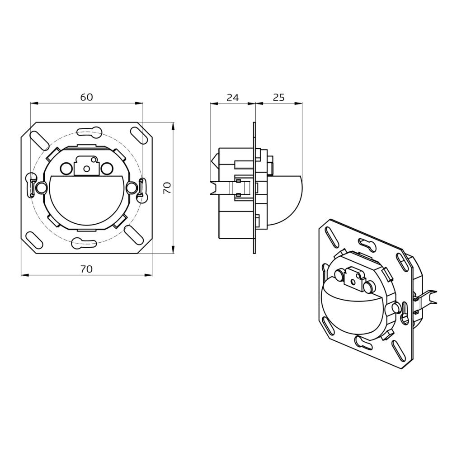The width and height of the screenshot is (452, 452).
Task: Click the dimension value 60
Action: (86, 97)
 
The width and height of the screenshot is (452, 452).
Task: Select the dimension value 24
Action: (232, 97)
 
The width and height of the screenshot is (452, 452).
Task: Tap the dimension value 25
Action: (279, 97)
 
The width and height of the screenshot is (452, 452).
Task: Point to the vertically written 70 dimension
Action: (167, 188)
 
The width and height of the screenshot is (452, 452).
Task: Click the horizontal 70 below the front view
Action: (86, 269)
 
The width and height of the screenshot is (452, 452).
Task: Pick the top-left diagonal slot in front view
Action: (38, 140)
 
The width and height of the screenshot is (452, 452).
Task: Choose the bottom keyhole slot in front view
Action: (84, 243)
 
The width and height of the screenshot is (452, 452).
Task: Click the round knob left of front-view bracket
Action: (66, 169)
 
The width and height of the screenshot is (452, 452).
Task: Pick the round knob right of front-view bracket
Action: (107, 169)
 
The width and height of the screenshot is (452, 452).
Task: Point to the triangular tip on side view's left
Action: (214, 160)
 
